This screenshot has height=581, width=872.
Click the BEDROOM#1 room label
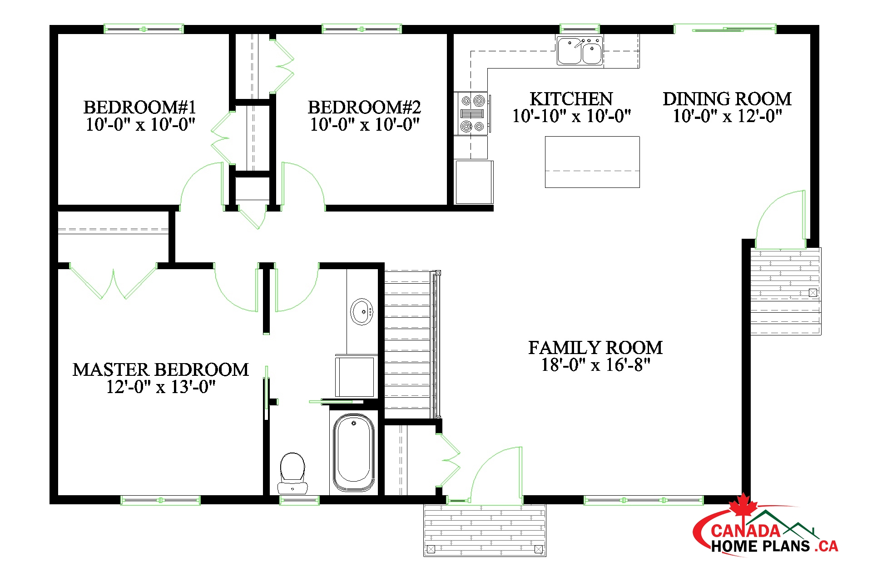140,108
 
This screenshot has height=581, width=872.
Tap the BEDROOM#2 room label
364,108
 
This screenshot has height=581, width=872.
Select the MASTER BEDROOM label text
161,370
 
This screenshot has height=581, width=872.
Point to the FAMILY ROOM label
595,348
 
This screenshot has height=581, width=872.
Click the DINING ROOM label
727,99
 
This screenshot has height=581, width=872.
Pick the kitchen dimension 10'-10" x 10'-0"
571,116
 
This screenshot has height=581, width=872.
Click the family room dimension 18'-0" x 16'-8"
595,365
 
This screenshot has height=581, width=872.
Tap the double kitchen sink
580,51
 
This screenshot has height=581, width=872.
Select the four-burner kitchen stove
472,113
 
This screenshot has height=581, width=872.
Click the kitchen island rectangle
592,162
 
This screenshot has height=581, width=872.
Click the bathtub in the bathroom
354,453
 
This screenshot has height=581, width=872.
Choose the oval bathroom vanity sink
362,311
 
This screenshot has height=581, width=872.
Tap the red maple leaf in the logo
743,505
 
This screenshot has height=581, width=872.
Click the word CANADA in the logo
745,531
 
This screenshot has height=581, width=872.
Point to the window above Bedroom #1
144,29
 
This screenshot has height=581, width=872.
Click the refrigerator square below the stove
474,182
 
